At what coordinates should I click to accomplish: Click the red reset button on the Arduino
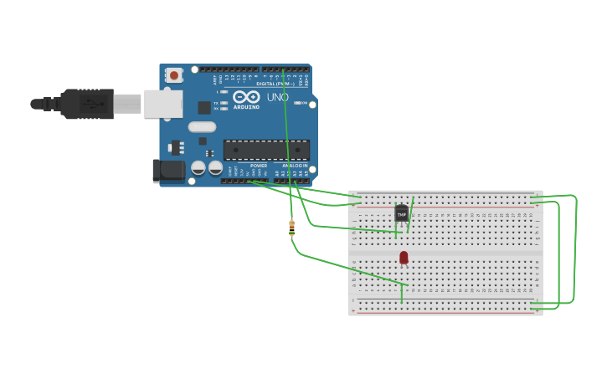(x=174, y=75)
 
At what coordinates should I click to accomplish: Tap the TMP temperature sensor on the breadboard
(x=402, y=214)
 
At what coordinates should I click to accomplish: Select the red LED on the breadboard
(x=404, y=257)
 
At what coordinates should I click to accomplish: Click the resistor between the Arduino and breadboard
(x=291, y=227)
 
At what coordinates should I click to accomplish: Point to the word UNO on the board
(x=278, y=98)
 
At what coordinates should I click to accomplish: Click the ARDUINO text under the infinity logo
(x=246, y=107)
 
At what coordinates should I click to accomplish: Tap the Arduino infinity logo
(x=247, y=96)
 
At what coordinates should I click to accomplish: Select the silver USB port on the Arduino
(x=163, y=104)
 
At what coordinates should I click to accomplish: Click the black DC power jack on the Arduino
(x=169, y=171)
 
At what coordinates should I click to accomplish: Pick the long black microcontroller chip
(x=266, y=151)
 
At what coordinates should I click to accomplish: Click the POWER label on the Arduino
(x=259, y=166)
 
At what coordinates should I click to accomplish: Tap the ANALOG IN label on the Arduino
(x=294, y=166)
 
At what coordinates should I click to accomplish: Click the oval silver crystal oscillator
(x=202, y=127)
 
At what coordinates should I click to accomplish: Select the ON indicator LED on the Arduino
(x=304, y=103)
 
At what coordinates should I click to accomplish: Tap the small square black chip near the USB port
(x=204, y=107)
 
